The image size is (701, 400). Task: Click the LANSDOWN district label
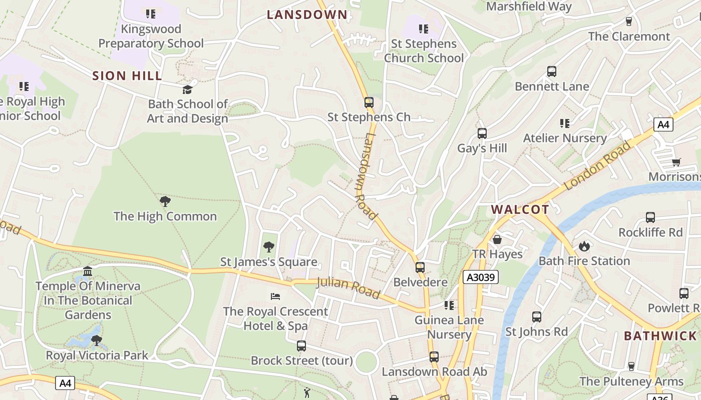point(307,14)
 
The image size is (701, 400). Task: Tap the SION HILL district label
point(127,76)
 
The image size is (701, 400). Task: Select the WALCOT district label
point(520,209)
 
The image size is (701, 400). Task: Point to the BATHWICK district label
point(660,336)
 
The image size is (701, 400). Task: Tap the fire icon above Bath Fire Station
point(584,246)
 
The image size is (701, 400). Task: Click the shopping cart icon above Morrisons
point(676,161)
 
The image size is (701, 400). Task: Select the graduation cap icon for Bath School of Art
point(187,89)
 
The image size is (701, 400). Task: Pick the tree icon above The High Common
point(165,201)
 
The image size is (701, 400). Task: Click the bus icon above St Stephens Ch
point(369,102)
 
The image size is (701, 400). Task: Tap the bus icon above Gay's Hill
point(482,133)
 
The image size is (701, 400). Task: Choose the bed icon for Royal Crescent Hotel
point(275,296)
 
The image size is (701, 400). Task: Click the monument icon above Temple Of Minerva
point(88,271)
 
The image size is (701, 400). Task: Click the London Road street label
point(597,165)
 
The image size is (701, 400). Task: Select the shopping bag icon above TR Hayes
point(497,239)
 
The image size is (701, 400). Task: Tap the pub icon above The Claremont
point(629,21)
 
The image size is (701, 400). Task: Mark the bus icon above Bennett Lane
point(552,71)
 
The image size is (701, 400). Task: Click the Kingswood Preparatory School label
point(151,36)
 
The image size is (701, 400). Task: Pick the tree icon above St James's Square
point(269,247)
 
